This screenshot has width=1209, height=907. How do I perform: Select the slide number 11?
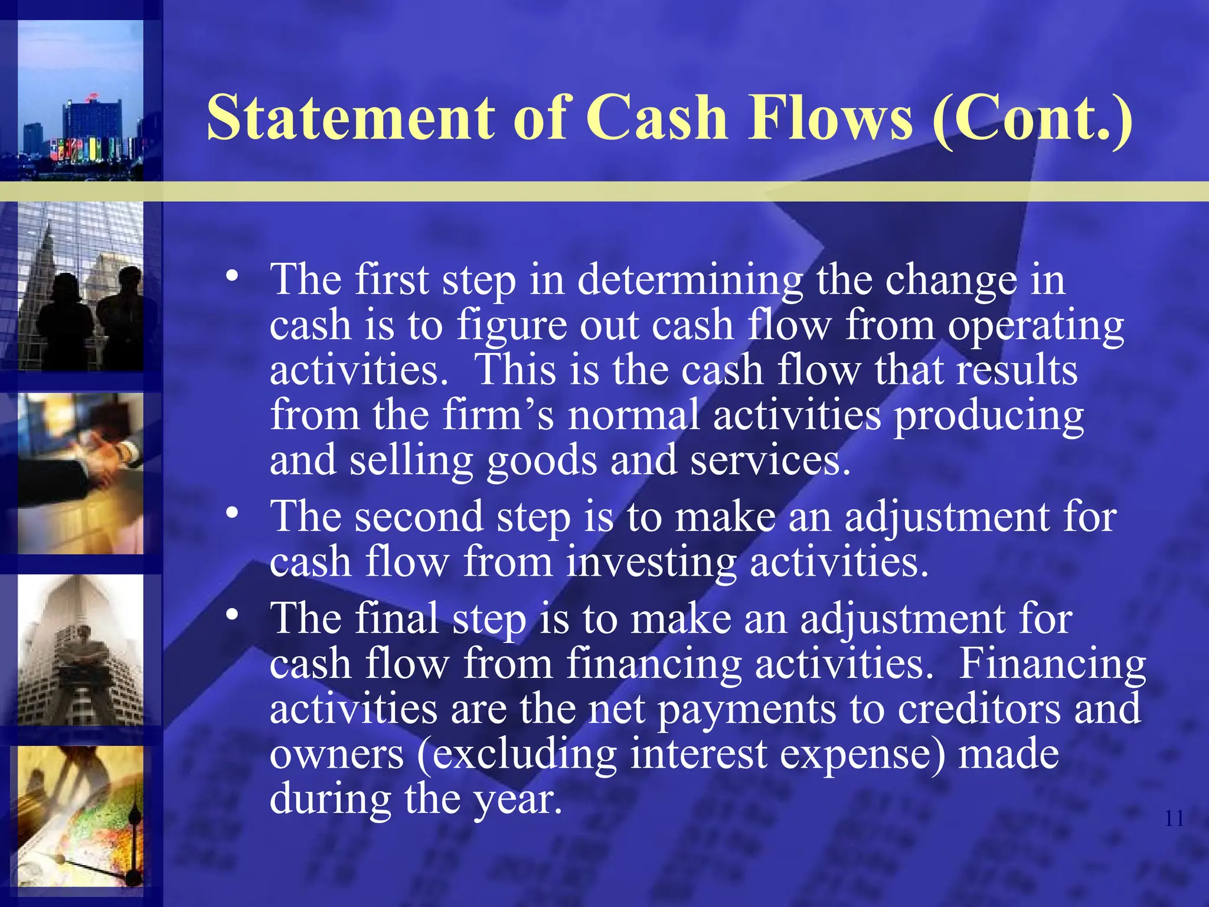[x=1174, y=818]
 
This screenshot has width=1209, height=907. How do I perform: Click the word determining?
[x=690, y=280]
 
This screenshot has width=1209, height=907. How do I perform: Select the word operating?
[x=1035, y=326]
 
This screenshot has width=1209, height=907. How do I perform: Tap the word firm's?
[x=498, y=415]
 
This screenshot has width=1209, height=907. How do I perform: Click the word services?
[x=770, y=461]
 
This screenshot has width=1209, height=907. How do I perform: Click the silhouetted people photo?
[x=80, y=286]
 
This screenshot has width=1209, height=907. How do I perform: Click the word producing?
[x=988, y=415]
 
